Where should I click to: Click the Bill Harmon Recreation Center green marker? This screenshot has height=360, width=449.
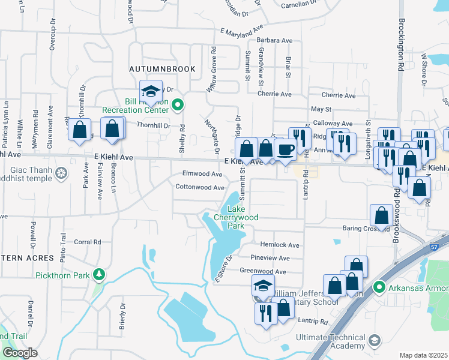[177, 106]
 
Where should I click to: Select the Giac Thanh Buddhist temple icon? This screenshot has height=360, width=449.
[61, 174]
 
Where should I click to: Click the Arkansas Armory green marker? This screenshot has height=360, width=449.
[378, 287]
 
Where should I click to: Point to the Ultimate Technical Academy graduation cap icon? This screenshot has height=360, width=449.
[375, 341]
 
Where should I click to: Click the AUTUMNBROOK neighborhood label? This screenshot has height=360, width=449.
[162, 69]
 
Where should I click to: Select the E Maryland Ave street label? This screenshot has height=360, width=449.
[242, 30]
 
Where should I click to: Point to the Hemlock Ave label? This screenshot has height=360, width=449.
[279, 245]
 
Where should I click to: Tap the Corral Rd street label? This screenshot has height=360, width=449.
[88, 242]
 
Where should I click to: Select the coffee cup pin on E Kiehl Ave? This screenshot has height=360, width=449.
[285, 149]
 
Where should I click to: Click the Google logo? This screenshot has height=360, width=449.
[20, 352]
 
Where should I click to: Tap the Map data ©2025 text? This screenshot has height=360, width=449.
[423, 355]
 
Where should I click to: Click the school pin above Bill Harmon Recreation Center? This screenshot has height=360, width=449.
[151, 91]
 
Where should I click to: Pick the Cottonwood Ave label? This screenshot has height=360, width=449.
[200, 187]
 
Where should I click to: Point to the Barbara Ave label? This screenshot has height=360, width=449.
[274, 41]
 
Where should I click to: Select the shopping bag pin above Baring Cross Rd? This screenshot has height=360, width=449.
[382, 215]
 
